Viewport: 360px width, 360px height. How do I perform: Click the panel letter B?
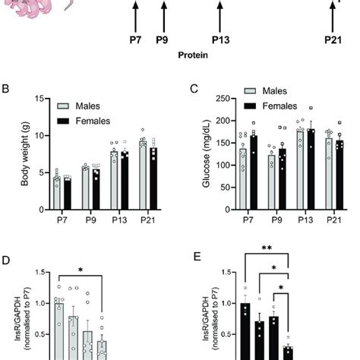pos(5,90)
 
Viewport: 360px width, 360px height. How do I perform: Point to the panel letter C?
pos(194,90)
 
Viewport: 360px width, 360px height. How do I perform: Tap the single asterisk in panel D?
pos(80,270)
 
